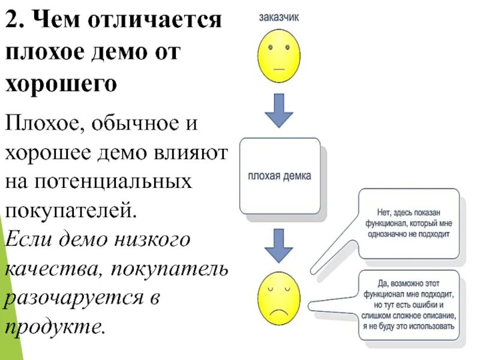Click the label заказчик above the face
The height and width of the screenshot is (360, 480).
pos(279,18)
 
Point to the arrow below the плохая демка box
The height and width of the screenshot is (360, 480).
pos(279,245)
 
